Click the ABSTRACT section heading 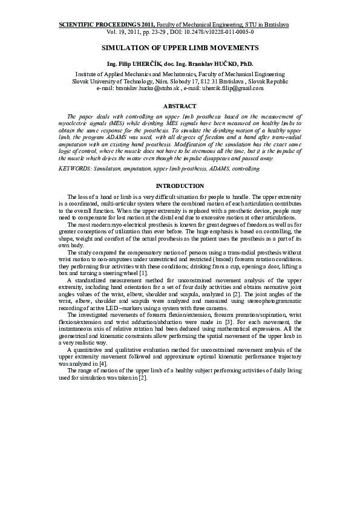click(180, 106)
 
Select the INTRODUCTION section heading click(180, 186)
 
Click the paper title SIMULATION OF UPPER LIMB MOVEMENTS click(180, 47)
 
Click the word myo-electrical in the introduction click(129, 224)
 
